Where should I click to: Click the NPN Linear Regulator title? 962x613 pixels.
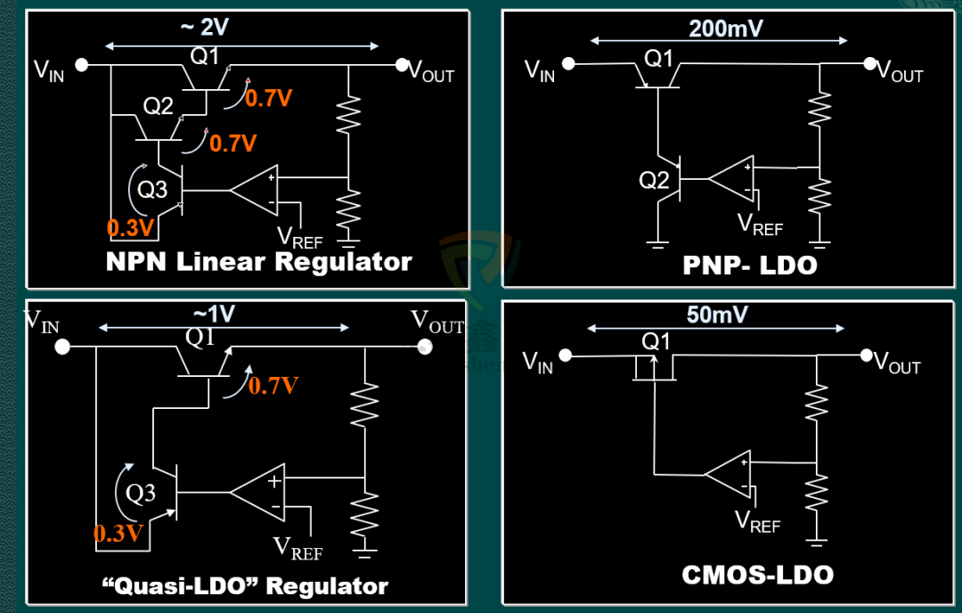258,262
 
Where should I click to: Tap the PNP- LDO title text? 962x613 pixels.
750,265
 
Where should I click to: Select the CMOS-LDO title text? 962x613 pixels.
757,575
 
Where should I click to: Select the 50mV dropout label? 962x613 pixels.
717,315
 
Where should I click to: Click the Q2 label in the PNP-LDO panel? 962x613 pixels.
654,180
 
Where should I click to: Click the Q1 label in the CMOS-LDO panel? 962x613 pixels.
656,341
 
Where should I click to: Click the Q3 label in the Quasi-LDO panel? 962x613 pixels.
141,493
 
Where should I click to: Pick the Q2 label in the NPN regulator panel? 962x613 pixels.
159,106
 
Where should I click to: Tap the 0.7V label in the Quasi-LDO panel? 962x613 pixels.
273,386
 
